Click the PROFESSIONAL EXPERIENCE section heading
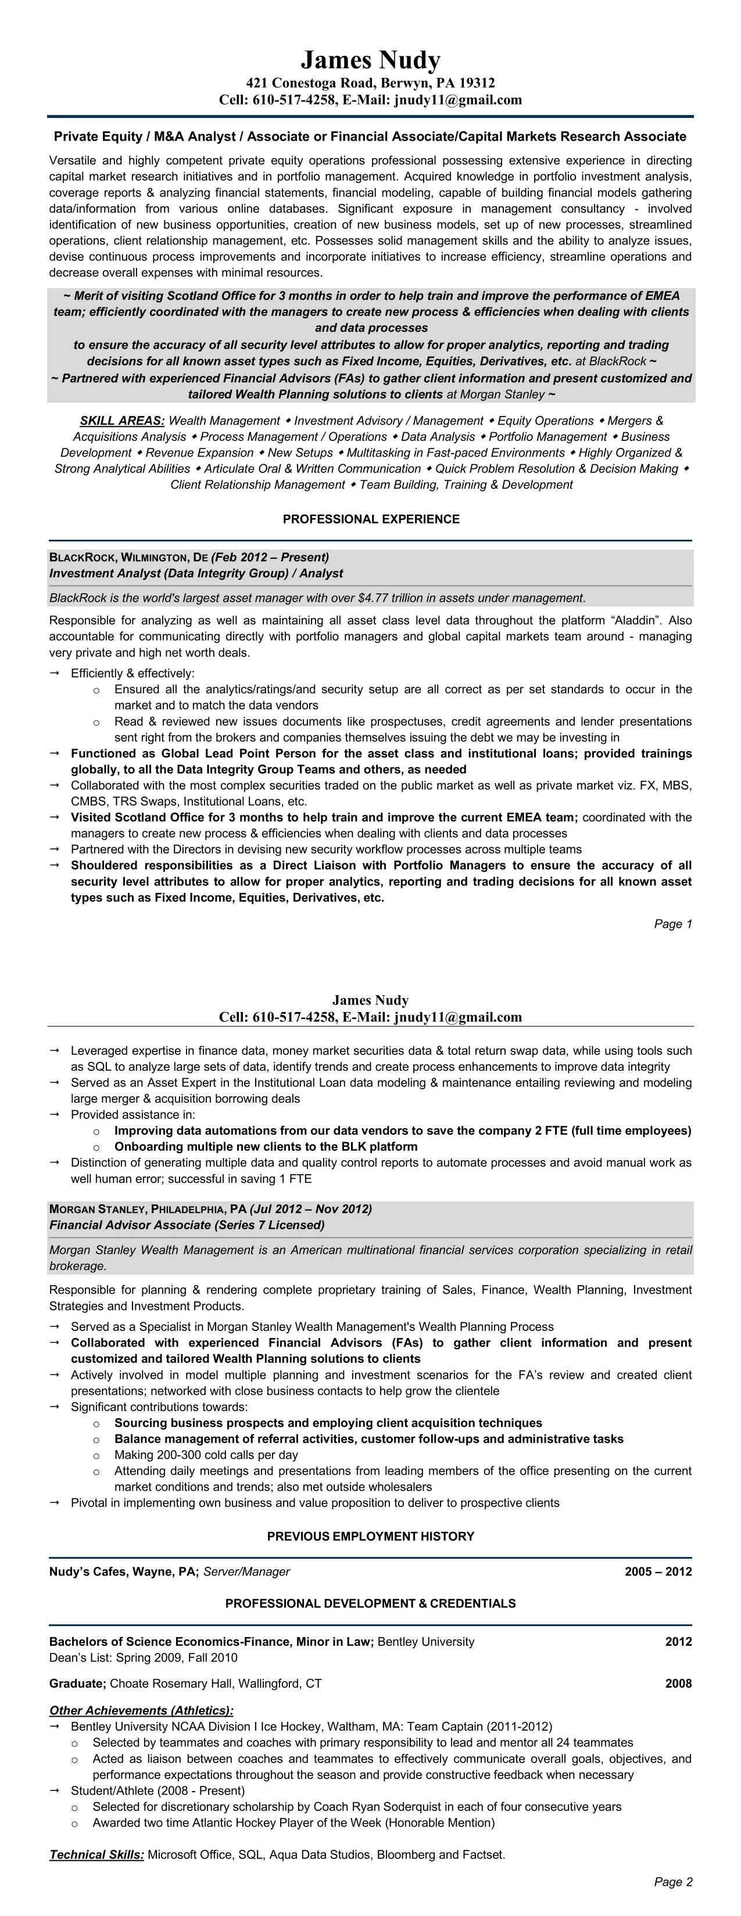click(371, 519)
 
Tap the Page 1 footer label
click(672, 924)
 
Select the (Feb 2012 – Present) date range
click(270, 557)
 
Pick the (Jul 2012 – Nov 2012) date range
click(311, 1208)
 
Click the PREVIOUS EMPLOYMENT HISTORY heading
click(371, 1536)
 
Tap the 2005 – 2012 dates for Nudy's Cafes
click(658, 1571)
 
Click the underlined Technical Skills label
click(96, 1855)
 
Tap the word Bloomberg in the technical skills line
click(406, 1855)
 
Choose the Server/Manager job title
click(246, 1571)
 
